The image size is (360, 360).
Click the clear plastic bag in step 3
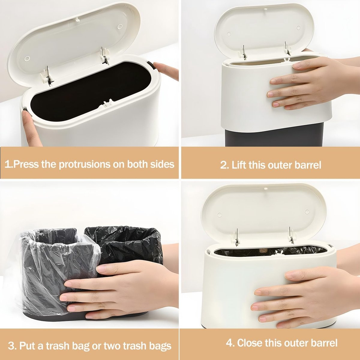pos(56,262)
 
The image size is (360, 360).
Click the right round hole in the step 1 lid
pos(120,27)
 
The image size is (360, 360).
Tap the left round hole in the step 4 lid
pos(220,214)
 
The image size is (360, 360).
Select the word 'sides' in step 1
pos(162,164)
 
